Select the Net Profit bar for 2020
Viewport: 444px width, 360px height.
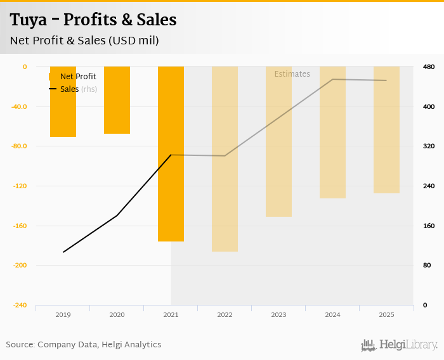[117, 100]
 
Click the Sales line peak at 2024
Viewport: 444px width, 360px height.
[332, 79]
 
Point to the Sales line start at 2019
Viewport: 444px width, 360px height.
[63, 252]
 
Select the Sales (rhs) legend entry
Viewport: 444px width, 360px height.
[78, 89]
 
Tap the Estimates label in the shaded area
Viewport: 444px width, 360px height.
[292, 74]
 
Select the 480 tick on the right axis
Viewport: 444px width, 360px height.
[428, 67]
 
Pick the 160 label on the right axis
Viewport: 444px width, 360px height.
[428, 226]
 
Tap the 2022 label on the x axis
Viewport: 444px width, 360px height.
[225, 314]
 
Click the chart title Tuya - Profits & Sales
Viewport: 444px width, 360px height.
[93, 20]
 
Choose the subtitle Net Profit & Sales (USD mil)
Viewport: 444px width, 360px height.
[84, 41]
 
